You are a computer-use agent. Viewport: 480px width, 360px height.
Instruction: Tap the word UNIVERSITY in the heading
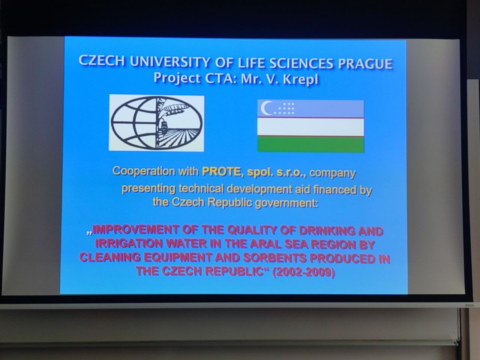(170, 61)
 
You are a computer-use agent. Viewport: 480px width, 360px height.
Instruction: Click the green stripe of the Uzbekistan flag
(311, 144)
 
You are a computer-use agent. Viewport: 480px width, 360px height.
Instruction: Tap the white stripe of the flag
(311, 127)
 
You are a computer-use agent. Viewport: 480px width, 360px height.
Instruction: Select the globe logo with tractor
(157, 123)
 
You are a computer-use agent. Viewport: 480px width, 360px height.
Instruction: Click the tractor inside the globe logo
(163, 127)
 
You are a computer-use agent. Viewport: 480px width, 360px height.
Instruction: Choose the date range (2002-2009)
(304, 272)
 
